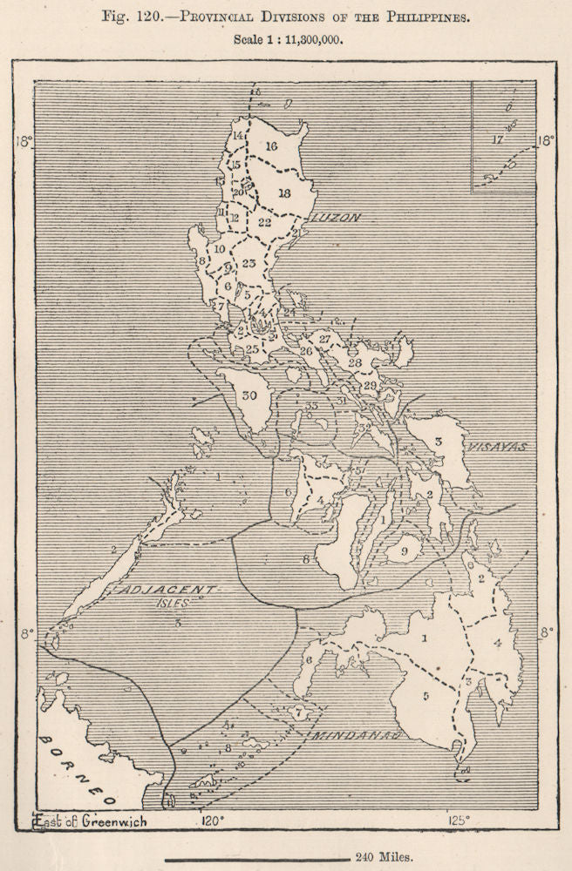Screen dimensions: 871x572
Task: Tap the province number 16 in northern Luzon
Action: tap(271, 146)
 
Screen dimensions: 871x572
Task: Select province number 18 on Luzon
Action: tap(283, 192)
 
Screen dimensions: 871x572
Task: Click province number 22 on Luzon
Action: tap(265, 222)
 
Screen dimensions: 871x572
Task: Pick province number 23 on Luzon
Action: tap(249, 263)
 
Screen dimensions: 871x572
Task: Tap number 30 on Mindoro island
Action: tap(250, 395)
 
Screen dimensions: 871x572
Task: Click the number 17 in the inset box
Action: tap(498, 139)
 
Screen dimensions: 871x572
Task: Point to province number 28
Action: tap(354, 362)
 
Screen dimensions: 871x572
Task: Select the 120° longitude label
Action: tap(212, 820)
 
